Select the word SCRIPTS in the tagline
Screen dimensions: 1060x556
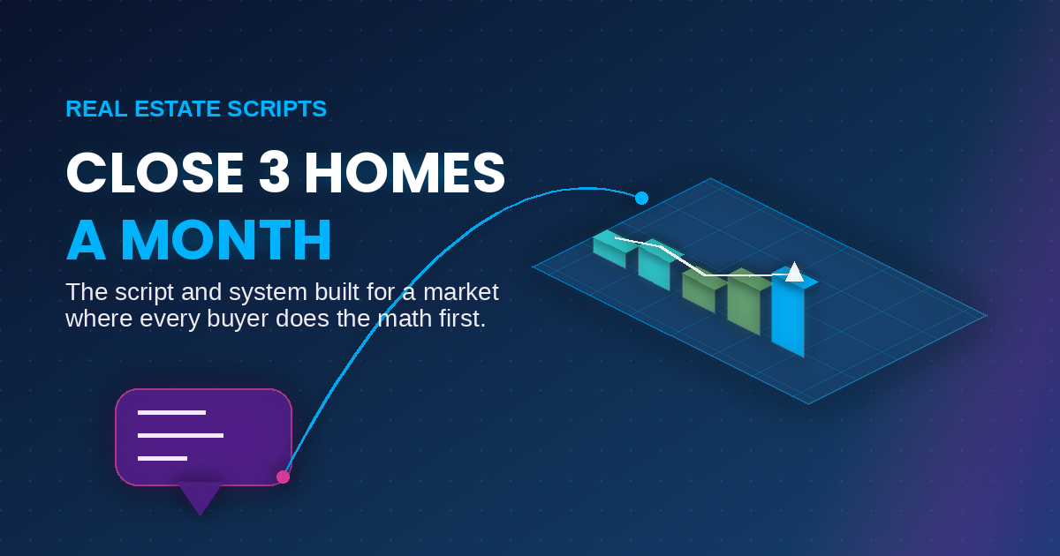[276, 109]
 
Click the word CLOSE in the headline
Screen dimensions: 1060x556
[155, 173]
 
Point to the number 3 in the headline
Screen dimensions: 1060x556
[274, 173]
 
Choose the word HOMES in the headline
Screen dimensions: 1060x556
[405, 173]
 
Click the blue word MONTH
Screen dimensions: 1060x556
[226, 240]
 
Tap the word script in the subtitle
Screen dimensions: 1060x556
[144, 293]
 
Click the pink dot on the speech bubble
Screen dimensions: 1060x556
[283, 477]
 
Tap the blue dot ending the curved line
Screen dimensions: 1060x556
[641, 198]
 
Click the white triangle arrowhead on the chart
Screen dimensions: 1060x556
[794, 272]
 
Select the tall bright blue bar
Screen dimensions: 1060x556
[788, 314]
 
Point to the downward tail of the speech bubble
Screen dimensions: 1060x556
[201, 499]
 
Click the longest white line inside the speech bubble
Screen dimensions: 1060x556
[180, 435]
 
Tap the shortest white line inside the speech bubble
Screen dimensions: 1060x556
[163, 458]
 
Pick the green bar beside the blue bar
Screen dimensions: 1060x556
[745, 303]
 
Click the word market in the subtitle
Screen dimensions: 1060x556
[461, 292]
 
